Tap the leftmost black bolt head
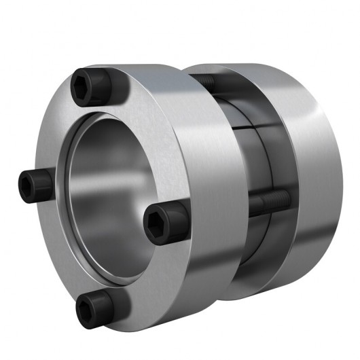point(33,181)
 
